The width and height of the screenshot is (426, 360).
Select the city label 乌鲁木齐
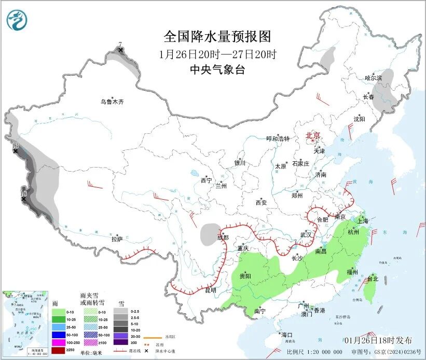pyautogui.click(x=112, y=102)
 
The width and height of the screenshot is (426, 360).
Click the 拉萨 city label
pyautogui.click(x=117, y=239)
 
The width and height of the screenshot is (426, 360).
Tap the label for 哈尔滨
pyautogui.click(x=373, y=78)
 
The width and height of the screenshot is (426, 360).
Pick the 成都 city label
pyautogui.click(x=223, y=237)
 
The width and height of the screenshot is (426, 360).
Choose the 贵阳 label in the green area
pyautogui.click(x=245, y=276)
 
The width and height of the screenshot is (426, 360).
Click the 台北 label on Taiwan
pyautogui.click(x=372, y=279)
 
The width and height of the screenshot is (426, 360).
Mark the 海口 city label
pyautogui.click(x=286, y=334)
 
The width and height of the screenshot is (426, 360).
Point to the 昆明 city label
pyautogui.click(x=210, y=289)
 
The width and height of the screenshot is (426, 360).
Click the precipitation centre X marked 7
pyautogui.click(x=120, y=50)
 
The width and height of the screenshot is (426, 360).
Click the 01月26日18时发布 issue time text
pyautogui.click(x=378, y=340)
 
